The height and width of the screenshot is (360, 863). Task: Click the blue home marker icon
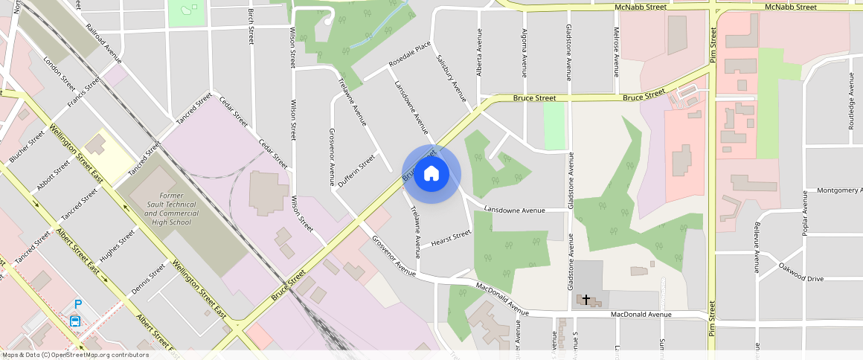coord(431,174)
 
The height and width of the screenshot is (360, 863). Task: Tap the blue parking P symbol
coord(77,304)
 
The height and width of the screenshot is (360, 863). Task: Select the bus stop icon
coord(75,321)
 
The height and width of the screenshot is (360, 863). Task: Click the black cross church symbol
coord(586,300)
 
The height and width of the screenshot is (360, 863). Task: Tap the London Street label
coord(60,71)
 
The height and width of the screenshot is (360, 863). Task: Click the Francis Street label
coord(83,92)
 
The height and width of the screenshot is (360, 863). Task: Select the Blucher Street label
coord(28,147)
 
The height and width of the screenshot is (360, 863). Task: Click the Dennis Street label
coord(147,280)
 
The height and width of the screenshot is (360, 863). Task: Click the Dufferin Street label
coord(357,171)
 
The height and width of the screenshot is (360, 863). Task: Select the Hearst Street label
coord(452,239)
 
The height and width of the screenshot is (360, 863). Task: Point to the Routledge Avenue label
coord(851,101)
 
